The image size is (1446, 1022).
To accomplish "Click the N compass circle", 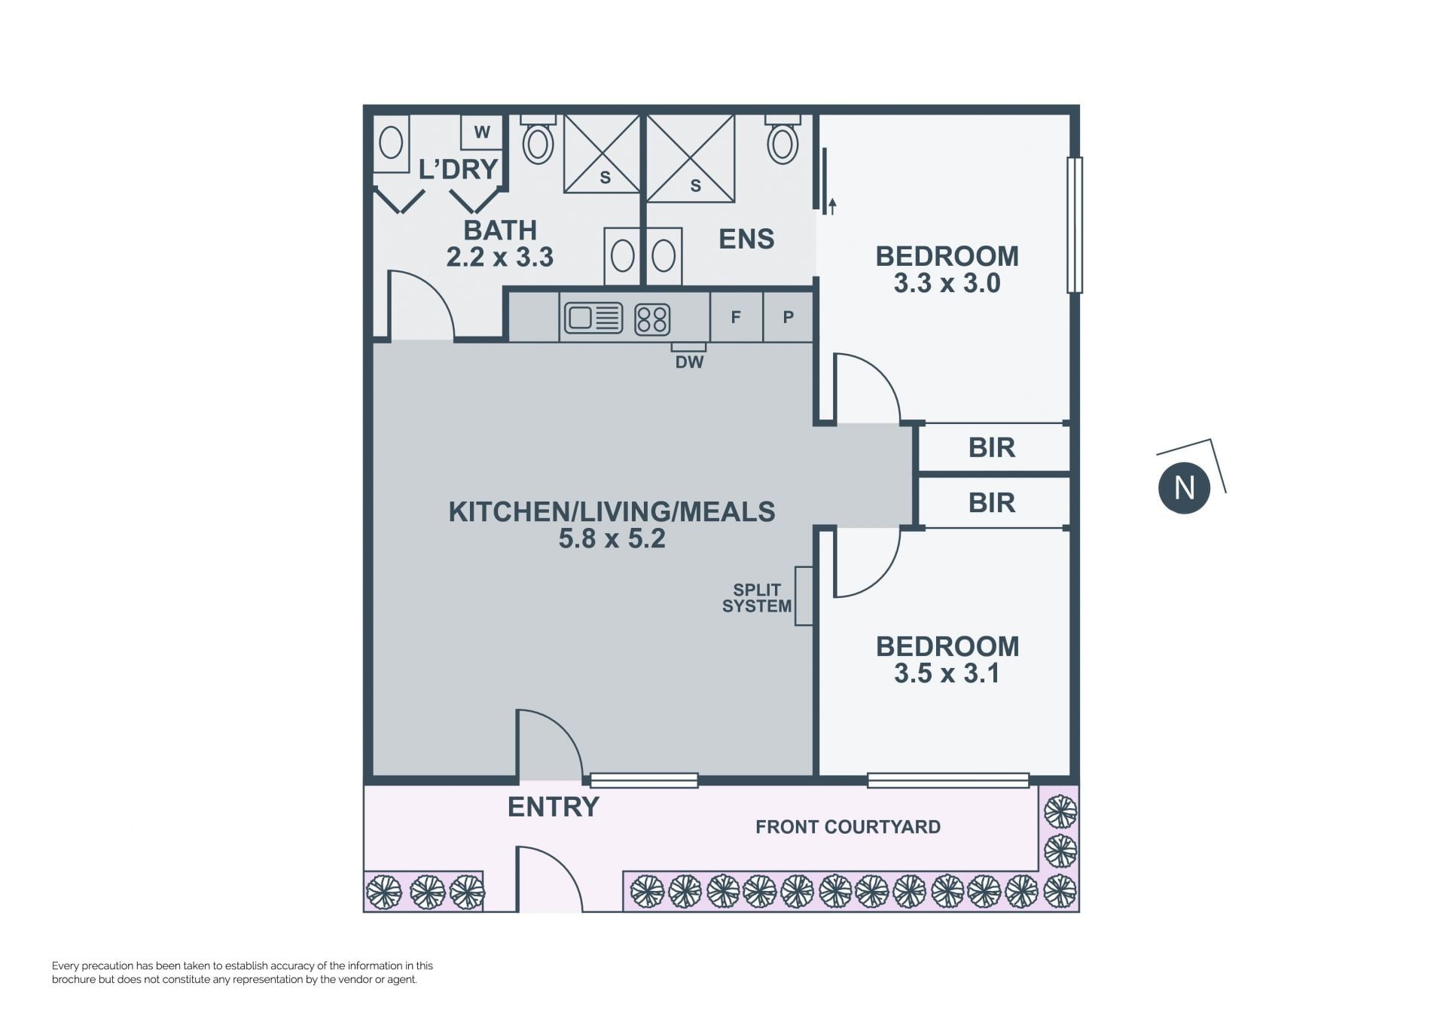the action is coord(1184,488).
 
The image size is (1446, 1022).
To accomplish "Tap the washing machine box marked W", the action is coord(482,132).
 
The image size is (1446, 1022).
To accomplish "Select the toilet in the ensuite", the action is coord(782,139).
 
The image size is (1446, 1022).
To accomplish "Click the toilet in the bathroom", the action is coord(538,139).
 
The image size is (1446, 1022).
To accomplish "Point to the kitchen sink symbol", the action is coord(593,318).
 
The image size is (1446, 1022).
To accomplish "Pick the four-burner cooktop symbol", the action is coord(652,319).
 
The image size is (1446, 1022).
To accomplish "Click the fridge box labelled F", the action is coord(736,317).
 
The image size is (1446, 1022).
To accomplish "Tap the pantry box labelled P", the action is coord(788,317).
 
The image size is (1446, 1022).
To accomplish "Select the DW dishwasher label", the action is coord(689,362).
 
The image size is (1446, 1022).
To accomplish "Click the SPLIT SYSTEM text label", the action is coord(757,598).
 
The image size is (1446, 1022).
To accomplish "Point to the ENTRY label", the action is coord(554,807).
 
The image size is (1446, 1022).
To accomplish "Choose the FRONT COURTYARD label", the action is coord(848,827).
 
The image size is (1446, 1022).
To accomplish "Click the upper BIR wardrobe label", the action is coord(992,447).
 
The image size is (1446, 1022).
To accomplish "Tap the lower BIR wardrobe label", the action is coord(992,502).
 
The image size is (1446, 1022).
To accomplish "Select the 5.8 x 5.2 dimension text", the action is coord(612,538).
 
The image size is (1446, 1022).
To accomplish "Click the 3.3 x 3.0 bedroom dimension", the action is coord(947,283).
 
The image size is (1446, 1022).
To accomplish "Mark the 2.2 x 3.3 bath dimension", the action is coord(500,257).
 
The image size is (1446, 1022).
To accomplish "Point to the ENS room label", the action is coord(746,239).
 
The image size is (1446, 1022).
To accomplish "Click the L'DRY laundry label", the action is coord(458,169).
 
